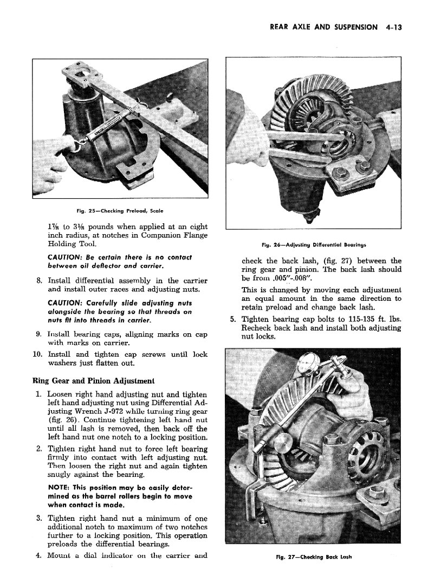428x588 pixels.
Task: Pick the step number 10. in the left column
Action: tap(37, 354)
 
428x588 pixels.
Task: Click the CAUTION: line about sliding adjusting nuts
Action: tap(119, 303)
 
